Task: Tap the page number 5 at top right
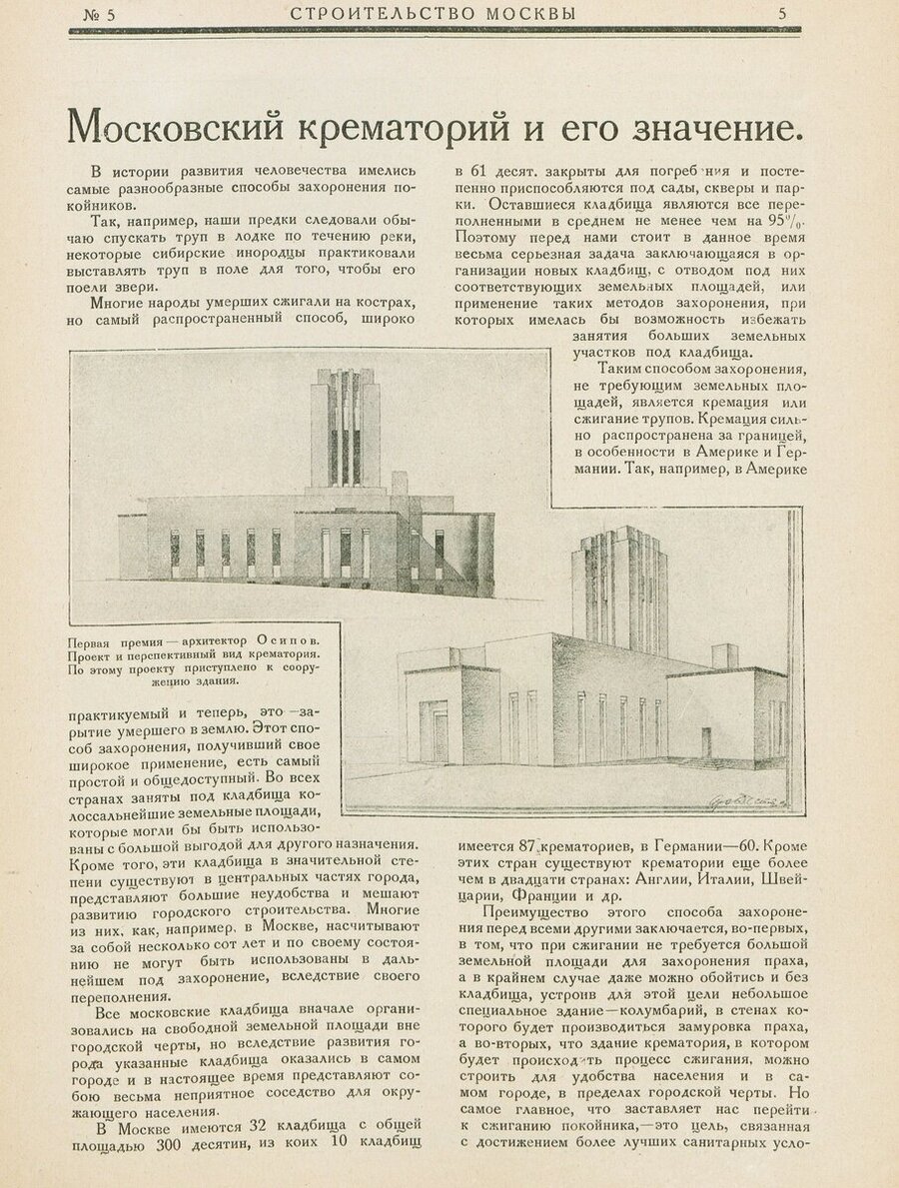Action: (783, 13)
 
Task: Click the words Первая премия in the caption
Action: (104, 642)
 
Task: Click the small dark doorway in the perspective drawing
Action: (706, 742)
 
